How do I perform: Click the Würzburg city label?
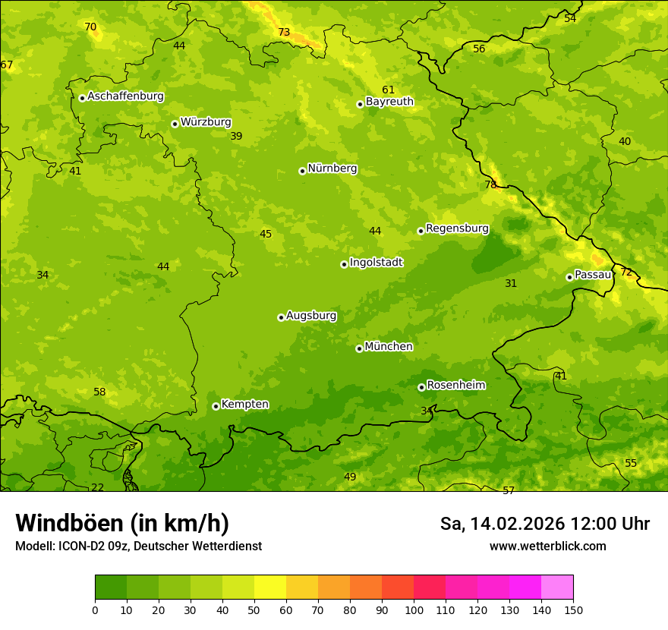206,122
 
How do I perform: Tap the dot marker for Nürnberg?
302,171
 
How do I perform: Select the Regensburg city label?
457,228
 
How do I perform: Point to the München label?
389,347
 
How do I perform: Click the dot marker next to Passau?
569,277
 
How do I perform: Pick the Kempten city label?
244,405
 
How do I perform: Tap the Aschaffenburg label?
125,96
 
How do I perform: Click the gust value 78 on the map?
490,184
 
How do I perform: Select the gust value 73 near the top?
284,33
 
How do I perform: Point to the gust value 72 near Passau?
626,272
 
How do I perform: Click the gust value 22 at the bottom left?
98,487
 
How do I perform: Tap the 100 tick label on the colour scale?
414,610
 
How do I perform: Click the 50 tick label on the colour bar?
254,610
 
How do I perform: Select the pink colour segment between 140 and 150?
557,587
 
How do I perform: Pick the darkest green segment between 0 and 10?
111,587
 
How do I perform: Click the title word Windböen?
69,523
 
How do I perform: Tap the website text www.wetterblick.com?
547,546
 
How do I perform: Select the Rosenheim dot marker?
421,387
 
